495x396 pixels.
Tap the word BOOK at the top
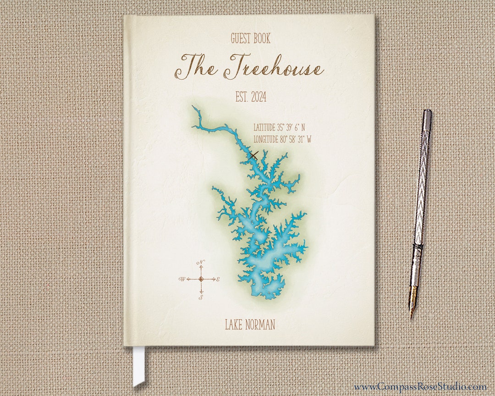click(x=262, y=39)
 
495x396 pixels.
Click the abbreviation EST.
click(x=242, y=97)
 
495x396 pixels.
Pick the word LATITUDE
click(x=264, y=127)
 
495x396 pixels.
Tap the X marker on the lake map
click(x=253, y=155)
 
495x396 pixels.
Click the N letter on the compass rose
click(x=201, y=262)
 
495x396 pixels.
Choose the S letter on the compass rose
click(x=201, y=297)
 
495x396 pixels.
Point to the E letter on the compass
click(x=218, y=279)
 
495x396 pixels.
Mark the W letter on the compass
click(x=182, y=279)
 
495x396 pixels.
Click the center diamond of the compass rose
click(x=201, y=279)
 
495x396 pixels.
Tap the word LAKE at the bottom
click(x=234, y=325)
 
